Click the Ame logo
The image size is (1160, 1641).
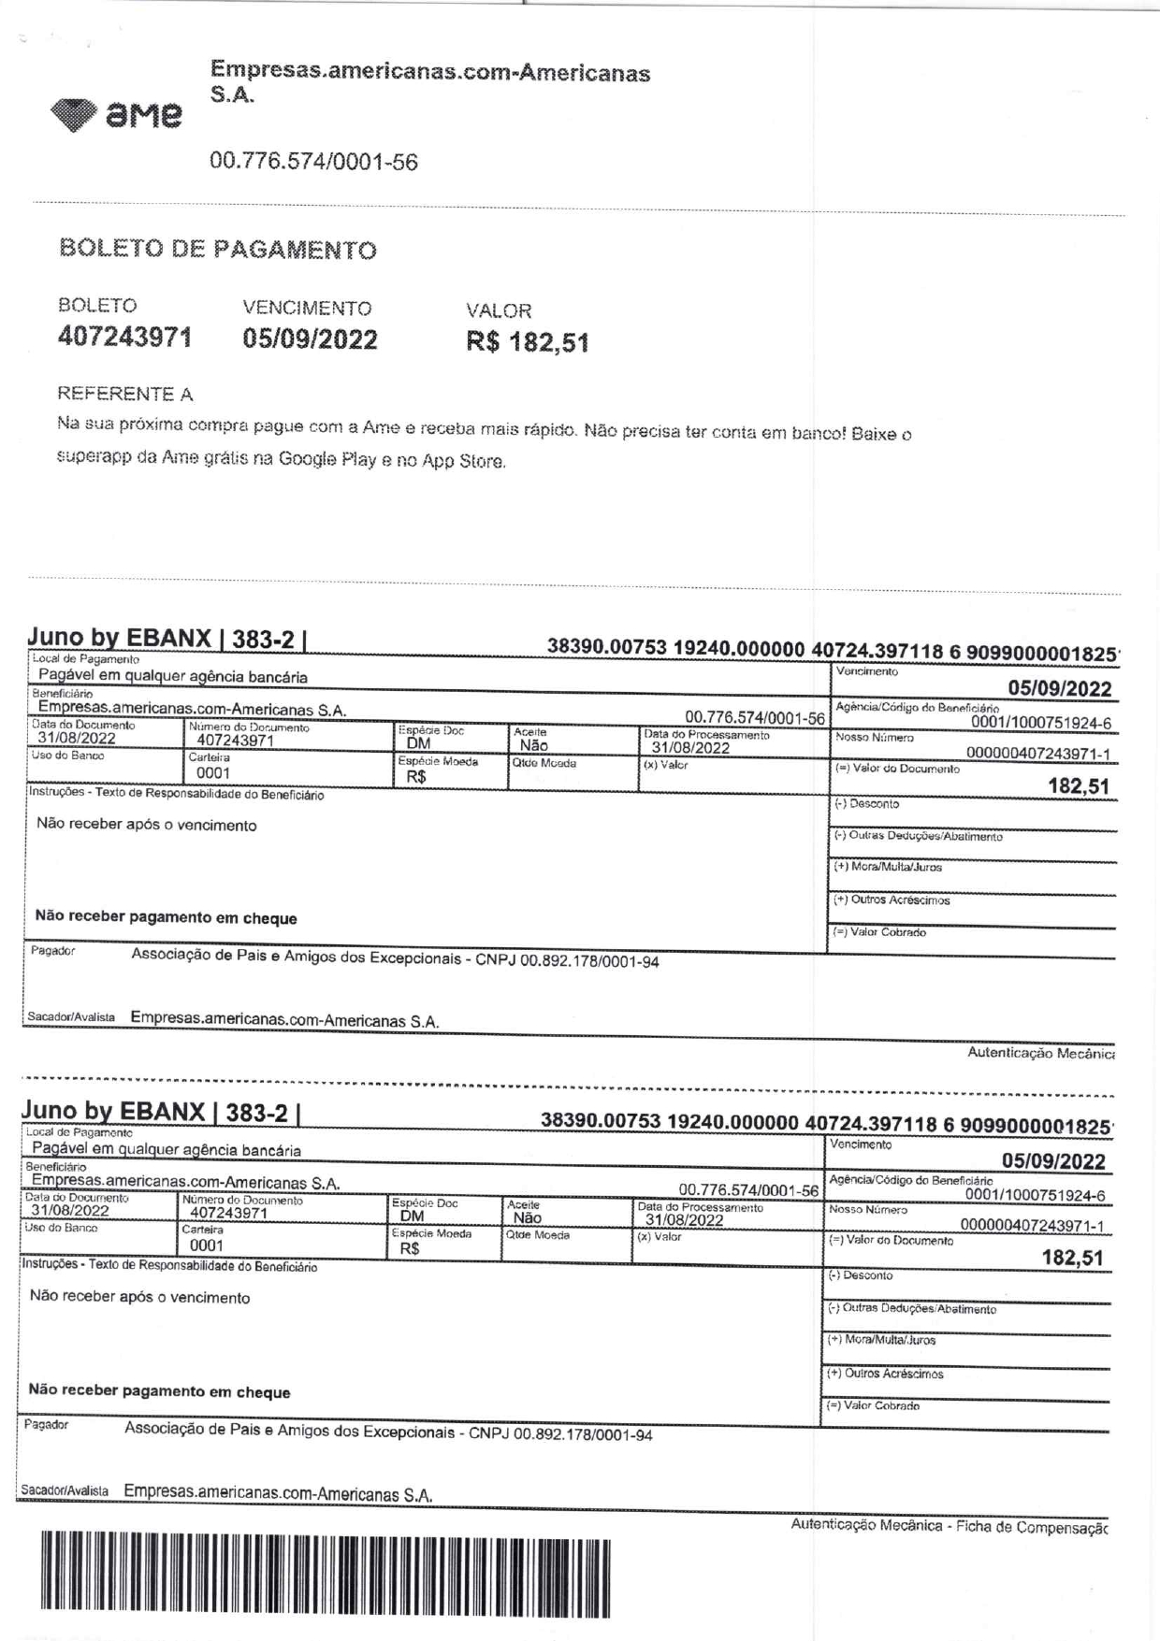pos(117,115)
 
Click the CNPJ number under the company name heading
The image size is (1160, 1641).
pos(313,163)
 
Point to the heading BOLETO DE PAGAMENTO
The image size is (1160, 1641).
pos(217,250)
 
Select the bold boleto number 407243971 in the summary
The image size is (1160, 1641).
pos(124,338)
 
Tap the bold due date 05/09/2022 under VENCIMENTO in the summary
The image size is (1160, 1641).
pos(310,339)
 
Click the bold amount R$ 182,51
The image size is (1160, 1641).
pos(528,343)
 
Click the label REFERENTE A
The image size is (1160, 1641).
pos(125,394)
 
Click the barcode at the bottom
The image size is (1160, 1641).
pos(324,1577)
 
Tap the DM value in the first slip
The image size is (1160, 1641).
pos(418,744)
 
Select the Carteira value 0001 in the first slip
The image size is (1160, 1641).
pos(212,773)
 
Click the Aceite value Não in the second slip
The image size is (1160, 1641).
pos(528,1217)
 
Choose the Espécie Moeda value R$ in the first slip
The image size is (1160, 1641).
pos(416,777)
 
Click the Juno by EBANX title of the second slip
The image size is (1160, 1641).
pos(116,1111)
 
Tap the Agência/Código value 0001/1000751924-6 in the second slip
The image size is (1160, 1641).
pos(1035,1196)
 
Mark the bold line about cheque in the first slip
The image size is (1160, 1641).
pos(166,917)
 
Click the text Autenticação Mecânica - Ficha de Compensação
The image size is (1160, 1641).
pos(949,1526)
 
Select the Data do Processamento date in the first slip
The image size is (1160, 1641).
pos(690,748)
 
